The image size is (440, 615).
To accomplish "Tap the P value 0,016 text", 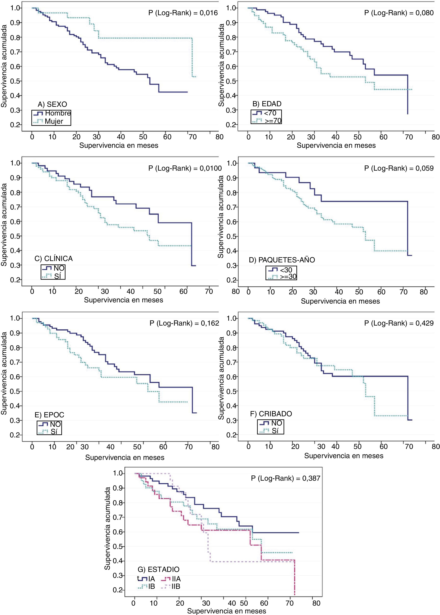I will pos(183,13).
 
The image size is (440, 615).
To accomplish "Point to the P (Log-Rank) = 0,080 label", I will pos(399,13).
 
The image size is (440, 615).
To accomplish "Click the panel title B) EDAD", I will pos(267,104).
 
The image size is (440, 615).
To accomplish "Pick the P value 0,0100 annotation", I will pos(185,168).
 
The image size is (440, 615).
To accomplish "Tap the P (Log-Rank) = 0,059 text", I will pos(399,168).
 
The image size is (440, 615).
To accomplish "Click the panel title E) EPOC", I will pos(49,415).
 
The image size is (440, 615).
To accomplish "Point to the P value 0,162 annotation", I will pos(184,323).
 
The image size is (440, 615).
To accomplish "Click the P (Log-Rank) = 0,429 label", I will pos(399,323).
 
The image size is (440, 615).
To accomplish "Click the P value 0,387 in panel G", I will pos(285,478).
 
